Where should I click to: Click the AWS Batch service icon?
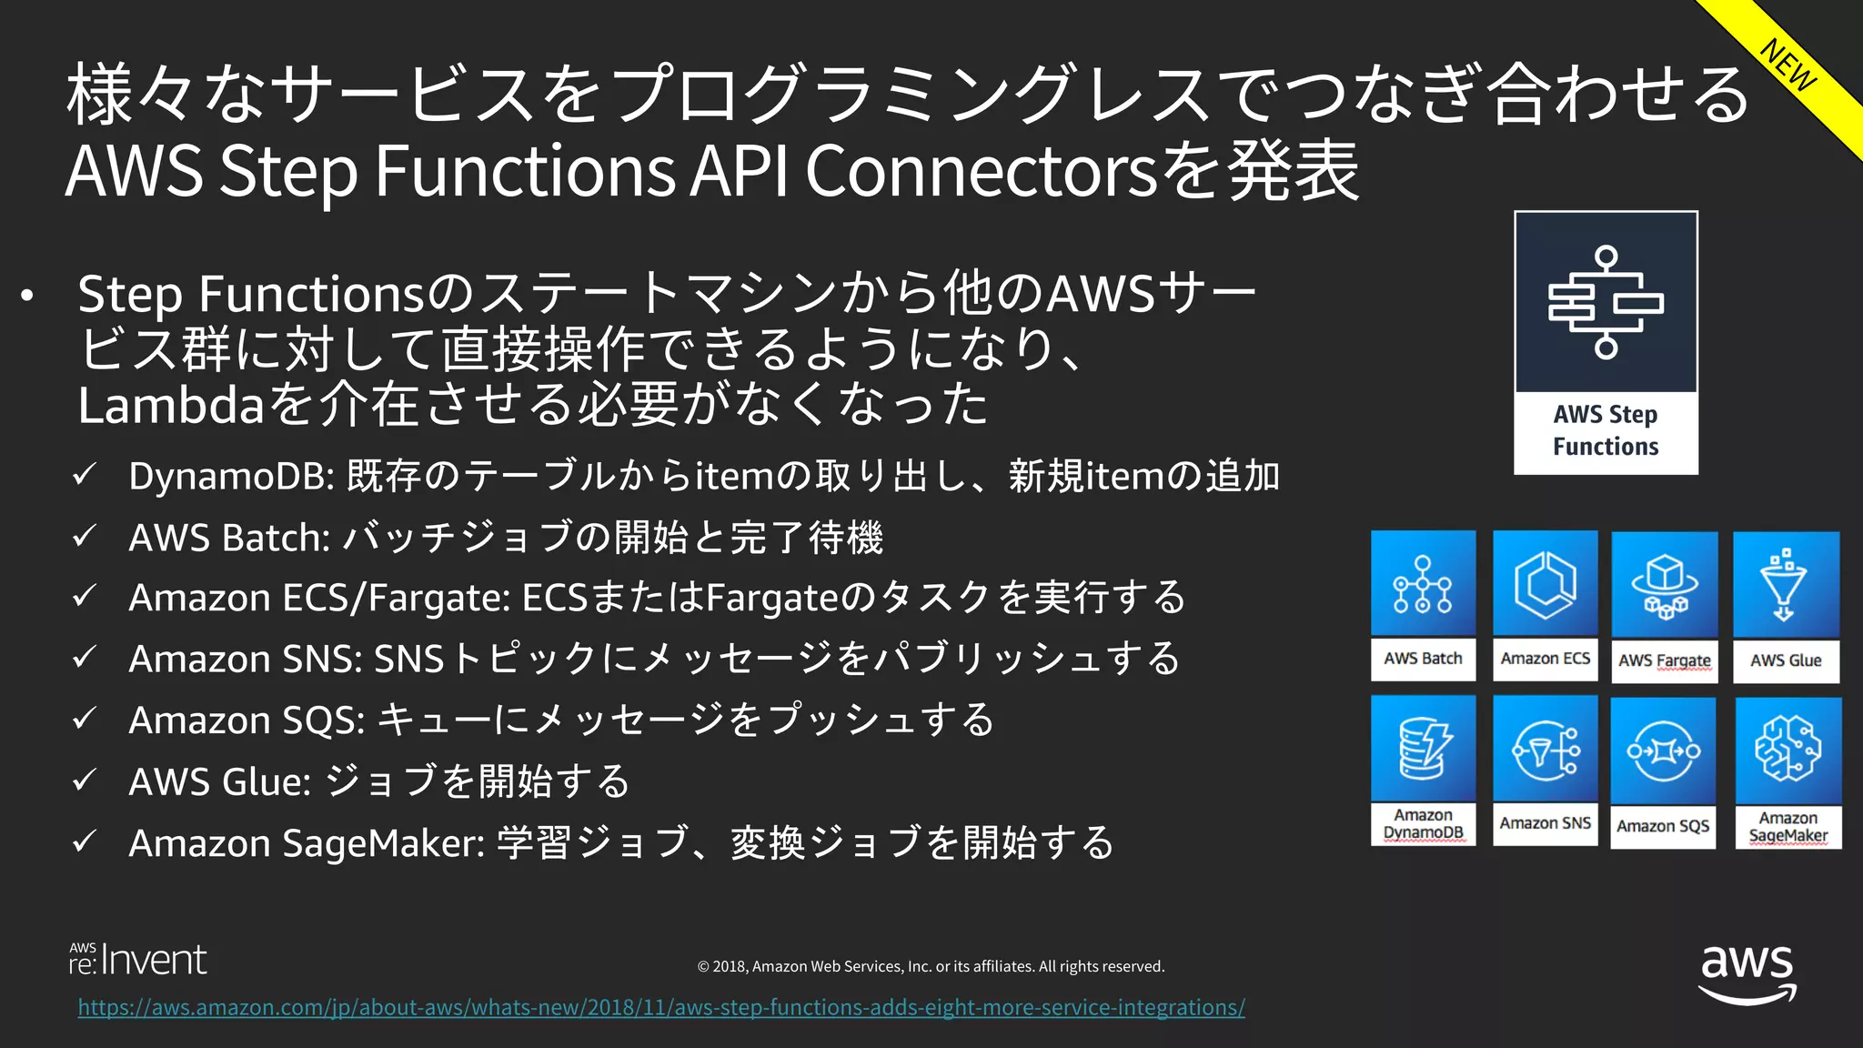coord(1423,584)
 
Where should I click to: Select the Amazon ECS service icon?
coord(1545,584)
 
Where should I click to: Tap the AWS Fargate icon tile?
coord(1665,586)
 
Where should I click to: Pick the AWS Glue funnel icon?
coord(1786,586)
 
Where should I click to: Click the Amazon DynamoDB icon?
coord(1423,749)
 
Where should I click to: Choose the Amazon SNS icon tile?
coord(1545,749)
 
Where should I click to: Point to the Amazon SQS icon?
coord(1663,751)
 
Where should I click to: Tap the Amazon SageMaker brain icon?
coord(1787,751)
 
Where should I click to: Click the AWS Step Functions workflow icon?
coord(1606,302)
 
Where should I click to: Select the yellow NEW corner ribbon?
coord(1797,68)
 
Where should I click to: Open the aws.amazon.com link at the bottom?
coord(661,1007)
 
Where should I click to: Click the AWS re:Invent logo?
coord(138,960)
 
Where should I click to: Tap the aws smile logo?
coord(1747,973)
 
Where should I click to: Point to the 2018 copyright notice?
coord(931,966)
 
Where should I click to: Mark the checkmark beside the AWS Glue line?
coord(85,780)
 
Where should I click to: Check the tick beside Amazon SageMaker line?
coord(85,841)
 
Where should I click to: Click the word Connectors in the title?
coord(981,171)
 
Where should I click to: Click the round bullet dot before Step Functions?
coord(27,296)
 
